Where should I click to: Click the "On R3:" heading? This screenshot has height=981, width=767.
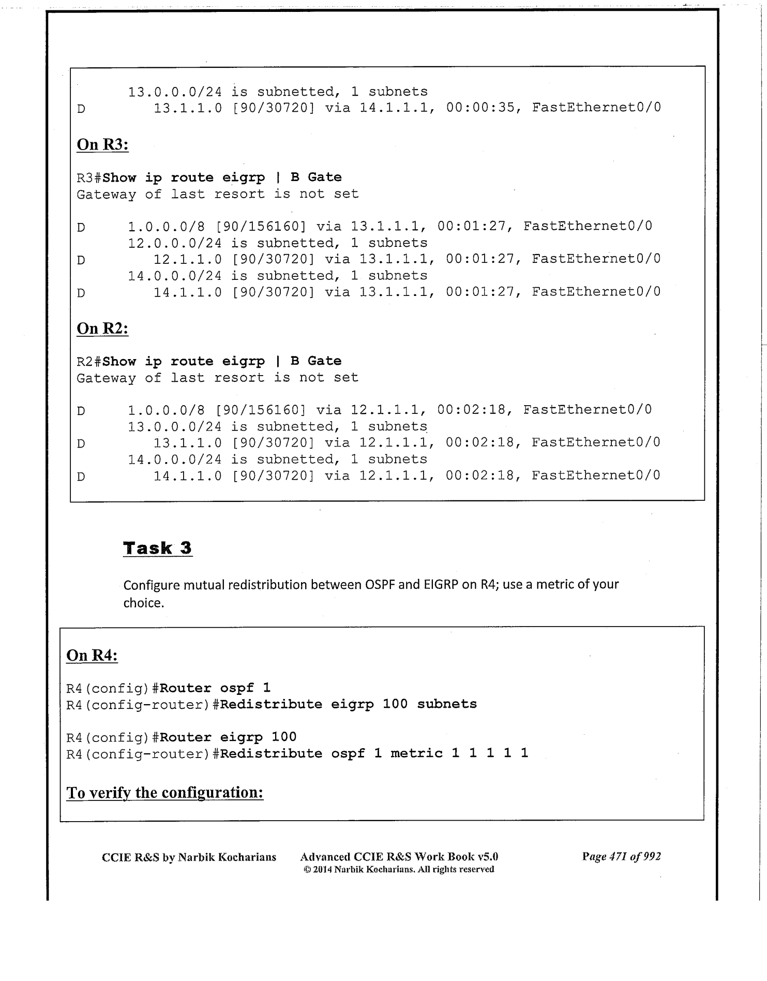102,144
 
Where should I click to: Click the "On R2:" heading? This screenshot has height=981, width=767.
102,329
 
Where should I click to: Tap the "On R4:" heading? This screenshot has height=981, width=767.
92,656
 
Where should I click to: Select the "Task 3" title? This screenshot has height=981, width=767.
157,548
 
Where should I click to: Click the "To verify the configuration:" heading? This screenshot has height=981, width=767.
165,793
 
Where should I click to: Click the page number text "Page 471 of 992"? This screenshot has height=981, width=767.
621,856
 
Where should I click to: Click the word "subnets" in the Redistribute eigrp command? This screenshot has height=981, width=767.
447,704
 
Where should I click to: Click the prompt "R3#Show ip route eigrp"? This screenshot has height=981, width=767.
171,177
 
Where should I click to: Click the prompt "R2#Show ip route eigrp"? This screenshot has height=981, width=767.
171,361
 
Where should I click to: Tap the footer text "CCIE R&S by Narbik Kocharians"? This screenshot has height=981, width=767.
189,857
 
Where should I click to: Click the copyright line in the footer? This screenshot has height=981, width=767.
398,870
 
